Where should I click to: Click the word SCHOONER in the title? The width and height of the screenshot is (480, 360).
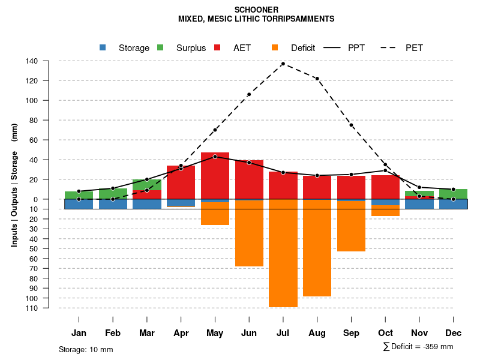click(256, 10)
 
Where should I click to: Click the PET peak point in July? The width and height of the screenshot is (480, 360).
click(283, 64)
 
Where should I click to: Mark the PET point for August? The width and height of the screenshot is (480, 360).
click(317, 79)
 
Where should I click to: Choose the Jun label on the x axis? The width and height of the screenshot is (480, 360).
click(249, 333)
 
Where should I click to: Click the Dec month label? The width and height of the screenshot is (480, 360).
click(454, 333)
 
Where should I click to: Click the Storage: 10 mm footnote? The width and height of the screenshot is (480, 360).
click(86, 350)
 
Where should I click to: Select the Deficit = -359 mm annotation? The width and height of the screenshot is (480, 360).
click(418, 347)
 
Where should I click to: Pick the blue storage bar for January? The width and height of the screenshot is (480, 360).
click(79, 204)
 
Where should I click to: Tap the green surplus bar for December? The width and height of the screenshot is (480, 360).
click(454, 194)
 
